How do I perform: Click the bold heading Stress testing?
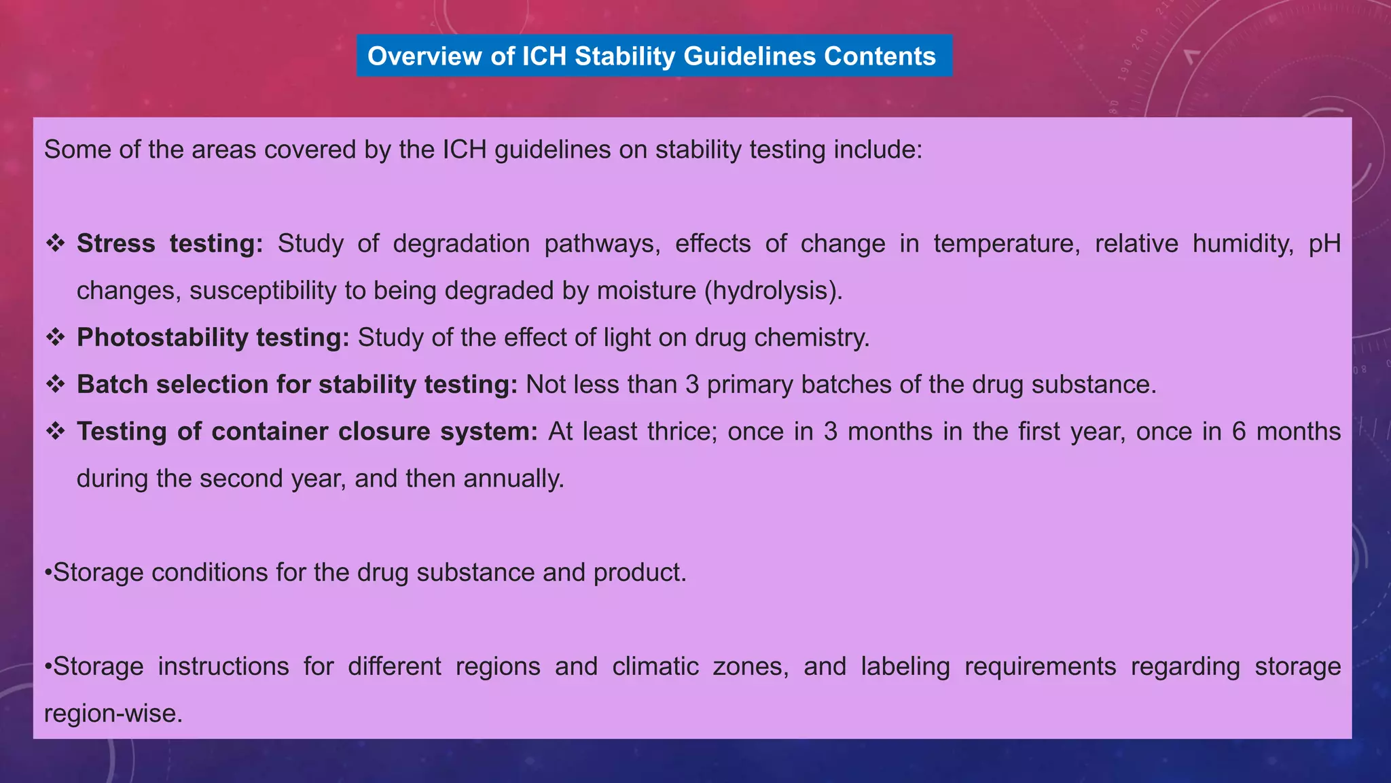pyautogui.click(x=170, y=243)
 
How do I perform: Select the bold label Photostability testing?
pyautogui.click(x=213, y=337)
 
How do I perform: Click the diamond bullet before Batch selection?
pyautogui.click(x=56, y=384)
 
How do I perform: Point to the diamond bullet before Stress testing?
pyautogui.click(x=56, y=243)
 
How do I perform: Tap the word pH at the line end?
pyautogui.click(x=1324, y=243)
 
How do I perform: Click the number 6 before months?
pyautogui.click(x=1239, y=432)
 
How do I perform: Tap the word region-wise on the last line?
pyautogui.click(x=113, y=714)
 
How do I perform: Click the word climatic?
pyautogui.click(x=655, y=666)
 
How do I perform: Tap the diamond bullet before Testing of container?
pyautogui.click(x=56, y=432)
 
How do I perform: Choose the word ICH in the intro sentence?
pyautogui.click(x=465, y=150)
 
